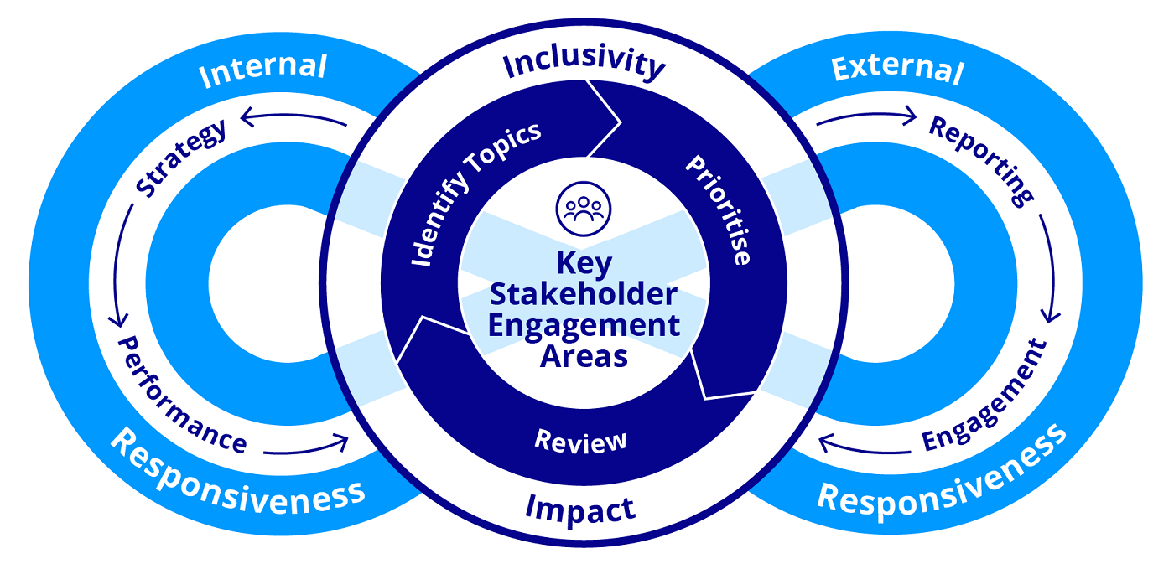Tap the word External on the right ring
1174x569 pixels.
(x=897, y=69)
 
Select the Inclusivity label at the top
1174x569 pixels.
(x=584, y=64)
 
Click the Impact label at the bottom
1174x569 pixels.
(x=579, y=507)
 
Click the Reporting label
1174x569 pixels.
(x=982, y=160)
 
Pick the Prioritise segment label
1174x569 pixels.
(x=718, y=209)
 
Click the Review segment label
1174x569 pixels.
(x=580, y=440)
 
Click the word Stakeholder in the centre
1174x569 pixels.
(x=584, y=294)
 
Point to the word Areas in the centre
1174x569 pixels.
(x=584, y=356)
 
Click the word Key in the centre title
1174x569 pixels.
(x=584, y=263)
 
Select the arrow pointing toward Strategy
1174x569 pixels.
(x=293, y=122)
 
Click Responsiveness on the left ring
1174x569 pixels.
(x=237, y=473)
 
